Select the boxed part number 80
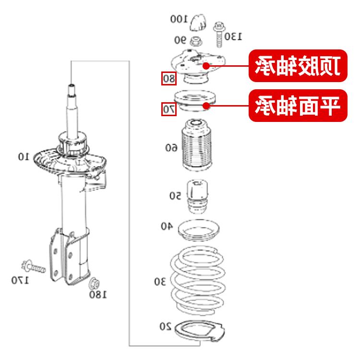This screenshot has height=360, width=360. pyautogui.click(x=168, y=78)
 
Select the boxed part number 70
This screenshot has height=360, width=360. pyautogui.click(x=168, y=109)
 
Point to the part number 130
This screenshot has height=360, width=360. pyautogui.click(x=233, y=36)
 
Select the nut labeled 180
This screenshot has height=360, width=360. pyautogui.click(x=94, y=282)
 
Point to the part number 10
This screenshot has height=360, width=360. pyautogui.click(x=24, y=156)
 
